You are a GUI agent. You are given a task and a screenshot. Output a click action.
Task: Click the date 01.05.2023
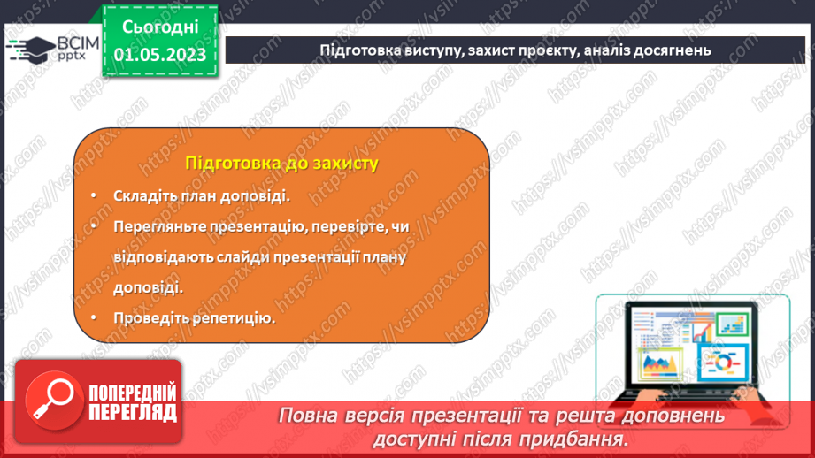tap(159, 55)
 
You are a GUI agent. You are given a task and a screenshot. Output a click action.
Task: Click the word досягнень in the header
tap(673, 50)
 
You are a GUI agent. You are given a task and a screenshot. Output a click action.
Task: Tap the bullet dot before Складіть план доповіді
tap(93, 196)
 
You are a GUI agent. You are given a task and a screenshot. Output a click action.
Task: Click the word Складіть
tap(144, 196)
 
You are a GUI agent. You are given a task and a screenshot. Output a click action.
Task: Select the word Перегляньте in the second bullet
tap(158, 227)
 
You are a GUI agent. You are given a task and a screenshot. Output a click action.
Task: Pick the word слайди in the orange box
tap(235, 257)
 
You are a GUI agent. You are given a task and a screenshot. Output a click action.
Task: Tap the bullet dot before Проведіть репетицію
tap(93, 317)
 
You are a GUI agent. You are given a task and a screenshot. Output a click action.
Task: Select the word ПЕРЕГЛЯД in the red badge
tap(133, 411)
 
